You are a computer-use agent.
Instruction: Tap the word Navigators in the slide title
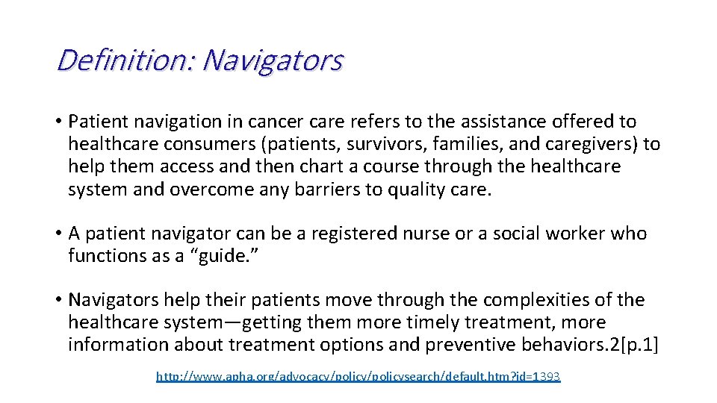click(x=273, y=60)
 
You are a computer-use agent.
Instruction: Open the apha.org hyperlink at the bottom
click(x=358, y=377)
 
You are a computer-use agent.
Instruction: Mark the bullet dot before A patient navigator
click(x=58, y=234)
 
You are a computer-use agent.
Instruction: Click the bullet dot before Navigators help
click(x=58, y=301)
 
